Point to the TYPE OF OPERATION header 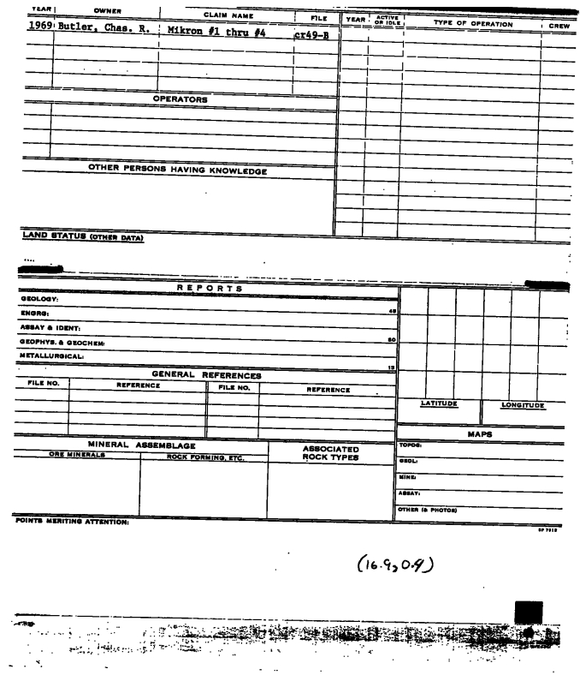[473, 24]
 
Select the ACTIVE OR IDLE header [388, 21]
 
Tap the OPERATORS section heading [180, 99]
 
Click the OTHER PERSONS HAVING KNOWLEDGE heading [178, 170]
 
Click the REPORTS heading [210, 289]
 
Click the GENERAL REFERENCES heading [206, 375]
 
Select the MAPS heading [479, 433]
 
